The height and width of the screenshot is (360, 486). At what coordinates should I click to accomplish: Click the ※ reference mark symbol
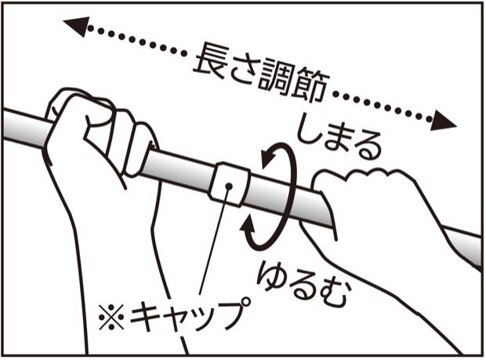click(x=111, y=317)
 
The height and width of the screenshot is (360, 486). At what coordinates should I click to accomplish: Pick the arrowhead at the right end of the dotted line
click(x=444, y=121)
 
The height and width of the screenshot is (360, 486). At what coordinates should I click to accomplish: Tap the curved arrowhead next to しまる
click(x=269, y=157)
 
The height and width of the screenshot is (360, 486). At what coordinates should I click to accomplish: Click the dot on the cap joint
click(x=229, y=186)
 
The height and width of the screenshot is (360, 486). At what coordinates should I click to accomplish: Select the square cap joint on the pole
click(x=230, y=184)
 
